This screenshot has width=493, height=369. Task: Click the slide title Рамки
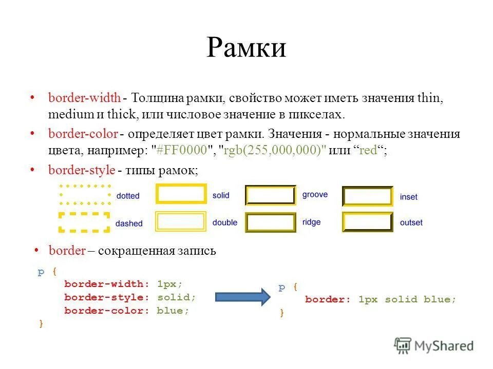[x=246, y=48]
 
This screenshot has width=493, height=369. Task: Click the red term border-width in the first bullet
[x=85, y=98]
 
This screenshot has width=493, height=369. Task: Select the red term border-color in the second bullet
[x=83, y=134]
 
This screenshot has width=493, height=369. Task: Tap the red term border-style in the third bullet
[x=82, y=170]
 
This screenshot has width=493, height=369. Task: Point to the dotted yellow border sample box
[x=85, y=195]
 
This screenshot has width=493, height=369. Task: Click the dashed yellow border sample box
[x=85, y=222]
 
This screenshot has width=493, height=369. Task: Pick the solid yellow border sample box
[x=181, y=195]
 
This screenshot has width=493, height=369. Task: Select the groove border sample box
[x=271, y=195]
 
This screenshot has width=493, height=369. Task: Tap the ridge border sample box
[x=271, y=222]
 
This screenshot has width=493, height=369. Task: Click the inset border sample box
[x=367, y=196]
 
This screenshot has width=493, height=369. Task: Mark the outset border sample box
[x=367, y=222]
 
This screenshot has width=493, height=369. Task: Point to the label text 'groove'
[x=315, y=195]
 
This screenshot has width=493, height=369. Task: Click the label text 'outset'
[x=411, y=223]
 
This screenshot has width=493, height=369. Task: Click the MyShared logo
[x=434, y=346]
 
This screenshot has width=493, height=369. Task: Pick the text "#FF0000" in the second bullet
[x=182, y=151]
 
